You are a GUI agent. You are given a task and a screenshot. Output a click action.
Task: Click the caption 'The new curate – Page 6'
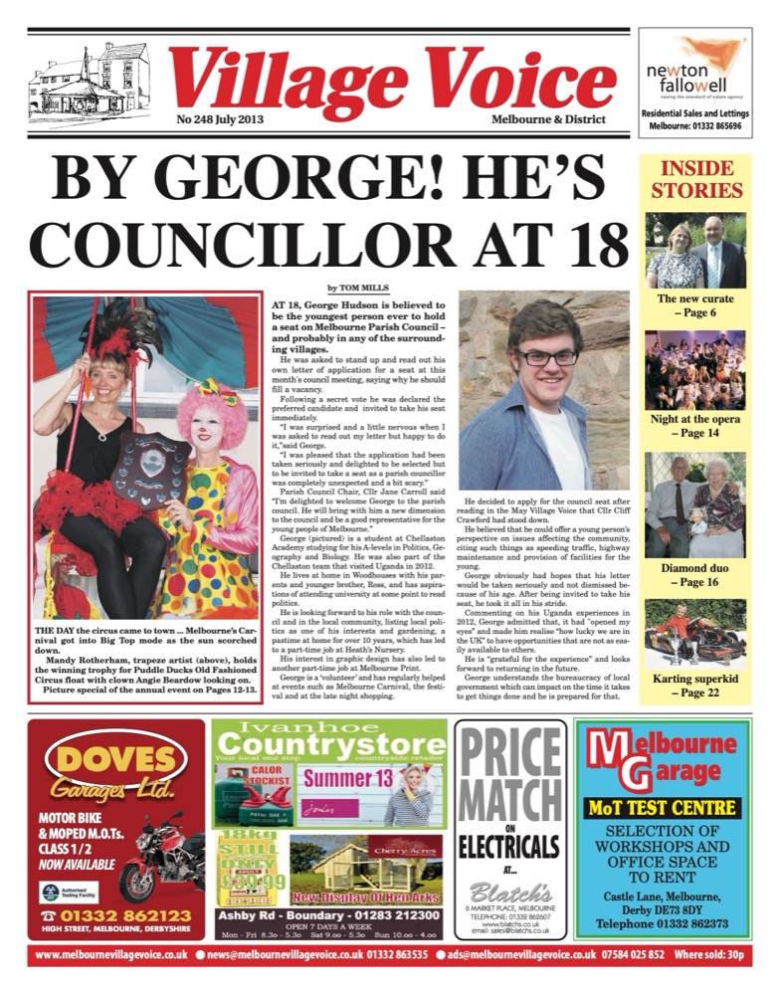coord(695,304)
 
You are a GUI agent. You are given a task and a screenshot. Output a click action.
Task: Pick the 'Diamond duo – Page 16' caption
coord(695,575)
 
